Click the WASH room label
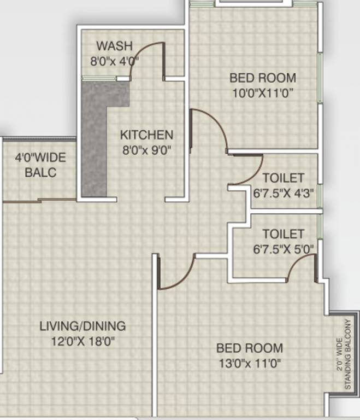tap(113, 45)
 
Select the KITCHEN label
tap(146, 135)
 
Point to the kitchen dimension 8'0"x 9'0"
tap(146, 149)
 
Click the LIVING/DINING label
tap(82, 326)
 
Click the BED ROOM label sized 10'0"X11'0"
tap(262, 78)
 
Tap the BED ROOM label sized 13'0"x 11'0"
tap(250, 348)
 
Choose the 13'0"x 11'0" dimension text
tap(250, 363)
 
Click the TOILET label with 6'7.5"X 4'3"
tap(283, 178)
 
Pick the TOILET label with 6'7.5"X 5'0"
tap(283, 234)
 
